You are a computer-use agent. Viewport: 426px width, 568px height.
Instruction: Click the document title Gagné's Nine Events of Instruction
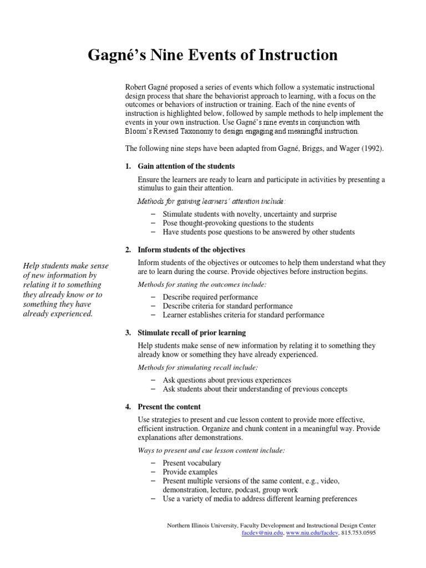click(x=213, y=55)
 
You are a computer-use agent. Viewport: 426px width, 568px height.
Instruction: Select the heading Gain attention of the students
click(x=186, y=166)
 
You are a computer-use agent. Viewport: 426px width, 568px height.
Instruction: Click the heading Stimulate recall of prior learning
click(x=191, y=333)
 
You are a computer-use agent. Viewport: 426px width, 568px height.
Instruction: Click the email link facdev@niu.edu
click(x=263, y=533)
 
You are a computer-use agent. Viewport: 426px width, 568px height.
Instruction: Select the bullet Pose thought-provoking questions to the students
click(x=238, y=223)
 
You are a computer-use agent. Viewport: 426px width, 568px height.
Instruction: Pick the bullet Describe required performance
click(x=210, y=297)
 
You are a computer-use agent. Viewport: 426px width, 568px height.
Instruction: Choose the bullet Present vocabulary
click(x=192, y=463)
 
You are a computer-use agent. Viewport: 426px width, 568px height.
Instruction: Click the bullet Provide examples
click(x=190, y=472)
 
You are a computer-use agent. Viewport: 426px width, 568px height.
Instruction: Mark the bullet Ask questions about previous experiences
click(x=227, y=380)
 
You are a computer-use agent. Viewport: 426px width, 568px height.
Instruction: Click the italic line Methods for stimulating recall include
click(x=197, y=367)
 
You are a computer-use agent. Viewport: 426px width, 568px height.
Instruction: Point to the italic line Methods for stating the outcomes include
click(x=202, y=285)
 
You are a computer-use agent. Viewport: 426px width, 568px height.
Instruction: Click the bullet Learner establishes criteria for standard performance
click(x=244, y=315)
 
